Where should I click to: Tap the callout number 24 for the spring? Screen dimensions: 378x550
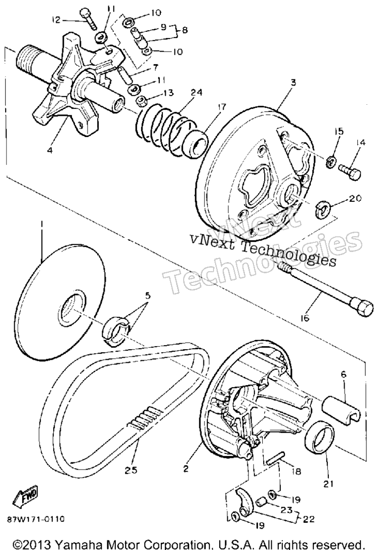click(x=197, y=93)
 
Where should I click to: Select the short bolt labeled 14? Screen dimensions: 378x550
click(x=350, y=173)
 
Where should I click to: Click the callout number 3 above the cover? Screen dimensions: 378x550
click(x=293, y=82)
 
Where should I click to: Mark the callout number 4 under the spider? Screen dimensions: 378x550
click(x=50, y=150)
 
